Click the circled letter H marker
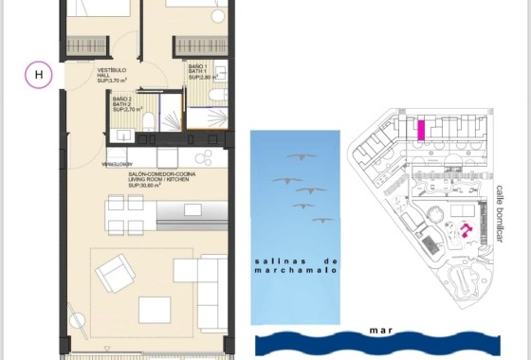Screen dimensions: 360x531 (x=38, y=74)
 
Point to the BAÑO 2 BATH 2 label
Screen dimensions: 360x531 (x=124, y=103)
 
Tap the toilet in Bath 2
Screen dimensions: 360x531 (x=153, y=117)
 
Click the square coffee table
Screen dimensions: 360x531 (x=154, y=310)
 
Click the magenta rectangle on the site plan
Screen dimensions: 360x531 (x=420, y=129)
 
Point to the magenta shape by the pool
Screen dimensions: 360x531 (x=466, y=230)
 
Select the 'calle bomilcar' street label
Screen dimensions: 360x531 (x=500, y=213)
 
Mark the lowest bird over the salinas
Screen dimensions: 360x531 (x=323, y=220)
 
